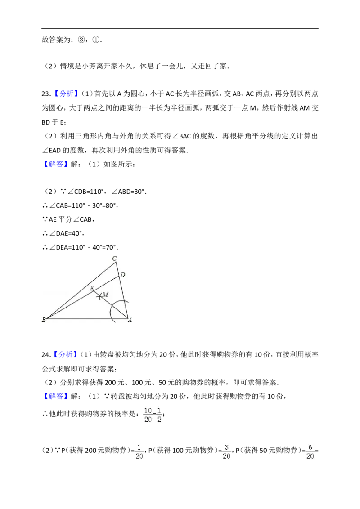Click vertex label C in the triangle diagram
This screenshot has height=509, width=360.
click(x=114, y=259)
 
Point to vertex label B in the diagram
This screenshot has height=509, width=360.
click(x=44, y=320)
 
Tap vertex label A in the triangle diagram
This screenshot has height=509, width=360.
click(x=130, y=320)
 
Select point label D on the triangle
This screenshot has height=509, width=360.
click(x=123, y=275)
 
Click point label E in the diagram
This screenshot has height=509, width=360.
click(x=92, y=288)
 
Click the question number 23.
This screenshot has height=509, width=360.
click(x=46, y=94)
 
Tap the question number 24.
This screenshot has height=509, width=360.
click(x=46, y=354)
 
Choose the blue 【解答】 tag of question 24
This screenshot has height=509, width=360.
click(x=55, y=396)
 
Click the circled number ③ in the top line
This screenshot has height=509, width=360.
click(x=81, y=40)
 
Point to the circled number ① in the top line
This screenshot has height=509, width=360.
click(x=96, y=40)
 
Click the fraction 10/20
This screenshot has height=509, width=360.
click(x=148, y=415)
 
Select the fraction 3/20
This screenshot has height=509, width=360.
click(x=226, y=452)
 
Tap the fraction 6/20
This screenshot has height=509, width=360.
click(x=310, y=452)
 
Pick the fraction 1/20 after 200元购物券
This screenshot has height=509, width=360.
click(x=139, y=452)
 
